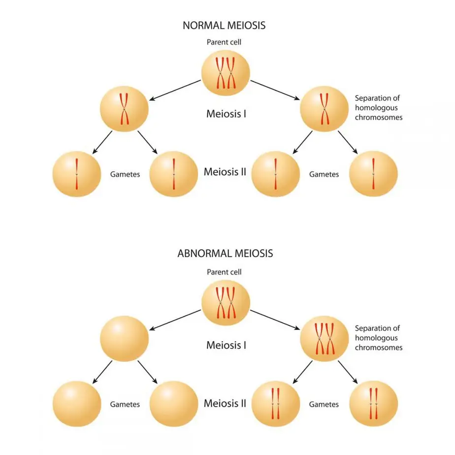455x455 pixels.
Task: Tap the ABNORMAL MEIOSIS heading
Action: click(x=225, y=254)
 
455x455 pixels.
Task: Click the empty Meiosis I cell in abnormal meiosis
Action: click(x=124, y=340)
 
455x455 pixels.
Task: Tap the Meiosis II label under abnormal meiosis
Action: click(x=225, y=404)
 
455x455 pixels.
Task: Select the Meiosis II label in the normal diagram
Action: click(x=225, y=173)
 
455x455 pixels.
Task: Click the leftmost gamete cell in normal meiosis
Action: click(x=77, y=174)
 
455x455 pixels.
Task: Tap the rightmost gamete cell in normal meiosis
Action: click(x=373, y=174)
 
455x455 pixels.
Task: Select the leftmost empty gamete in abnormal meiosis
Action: click(x=77, y=404)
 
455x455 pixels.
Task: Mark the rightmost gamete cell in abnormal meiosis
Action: click(x=373, y=404)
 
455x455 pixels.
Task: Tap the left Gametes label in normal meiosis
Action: click(x=125, y=174)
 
